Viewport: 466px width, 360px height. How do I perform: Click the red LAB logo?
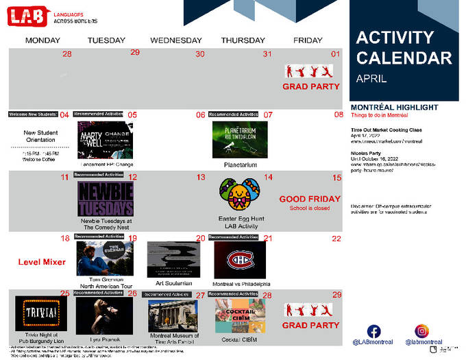click(28, 16)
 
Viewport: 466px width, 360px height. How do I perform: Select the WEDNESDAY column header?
click(176, 40)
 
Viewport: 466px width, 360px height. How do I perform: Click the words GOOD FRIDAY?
click(309, 199)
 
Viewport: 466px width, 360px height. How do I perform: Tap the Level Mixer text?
click(42, 262)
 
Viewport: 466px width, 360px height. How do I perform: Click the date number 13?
click(201, 177)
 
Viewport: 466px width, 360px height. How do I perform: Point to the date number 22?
click(336, 239)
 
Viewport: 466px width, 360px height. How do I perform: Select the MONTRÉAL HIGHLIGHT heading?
click(394, 108)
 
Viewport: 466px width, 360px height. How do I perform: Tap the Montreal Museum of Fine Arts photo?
click(173, 315)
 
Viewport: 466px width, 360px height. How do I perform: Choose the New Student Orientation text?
click(39, 136)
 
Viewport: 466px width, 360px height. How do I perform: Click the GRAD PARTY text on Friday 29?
click(311, 325)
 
